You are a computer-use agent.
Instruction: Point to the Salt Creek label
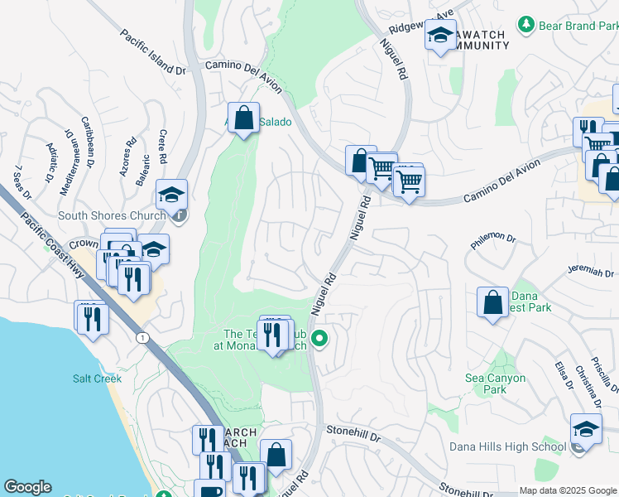pyautogui.click(x=97, y=379)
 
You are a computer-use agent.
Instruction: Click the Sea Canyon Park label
pyautogui.click(x=496, y=384)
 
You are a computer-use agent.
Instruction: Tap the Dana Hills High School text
pyautogui.click(x=507, y=446)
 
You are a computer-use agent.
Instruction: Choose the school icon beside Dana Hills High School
pyautogui.click(x=586, y=431)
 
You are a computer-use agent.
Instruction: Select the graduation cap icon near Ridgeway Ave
pyautogui.click(x=441, y=36)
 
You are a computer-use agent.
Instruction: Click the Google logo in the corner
pyautogui.click(x=27, y=487)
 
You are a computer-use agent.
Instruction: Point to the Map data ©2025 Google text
pyautogui.click(x=568, y=490)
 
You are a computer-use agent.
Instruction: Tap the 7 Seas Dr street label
pyautogui.click(x=22, y=183)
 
